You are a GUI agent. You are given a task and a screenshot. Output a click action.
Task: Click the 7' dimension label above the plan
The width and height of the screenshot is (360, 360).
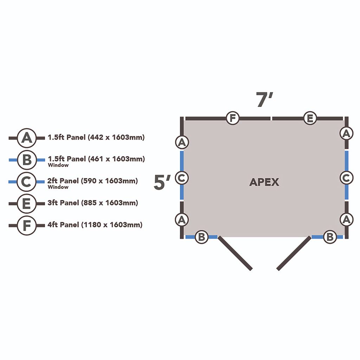264,99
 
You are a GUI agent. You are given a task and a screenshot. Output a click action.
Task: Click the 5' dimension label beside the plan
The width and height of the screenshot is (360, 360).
162,182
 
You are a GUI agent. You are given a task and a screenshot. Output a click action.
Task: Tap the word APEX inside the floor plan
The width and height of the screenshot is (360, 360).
264,182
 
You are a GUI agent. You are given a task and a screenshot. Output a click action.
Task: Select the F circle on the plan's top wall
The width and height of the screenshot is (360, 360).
233,118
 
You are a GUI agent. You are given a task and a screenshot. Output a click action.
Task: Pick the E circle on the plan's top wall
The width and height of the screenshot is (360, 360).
310,118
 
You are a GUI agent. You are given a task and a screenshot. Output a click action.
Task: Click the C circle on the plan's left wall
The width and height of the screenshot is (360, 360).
182,178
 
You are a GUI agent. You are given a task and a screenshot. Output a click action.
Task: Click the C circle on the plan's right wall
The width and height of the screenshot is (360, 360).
346,178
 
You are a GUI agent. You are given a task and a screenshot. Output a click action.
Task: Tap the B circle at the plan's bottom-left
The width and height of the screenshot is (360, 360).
201,237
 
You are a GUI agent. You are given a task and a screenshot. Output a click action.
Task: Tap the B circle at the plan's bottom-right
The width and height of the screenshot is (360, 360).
330,237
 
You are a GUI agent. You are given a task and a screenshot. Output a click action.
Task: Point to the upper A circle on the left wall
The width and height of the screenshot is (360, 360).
182,142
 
